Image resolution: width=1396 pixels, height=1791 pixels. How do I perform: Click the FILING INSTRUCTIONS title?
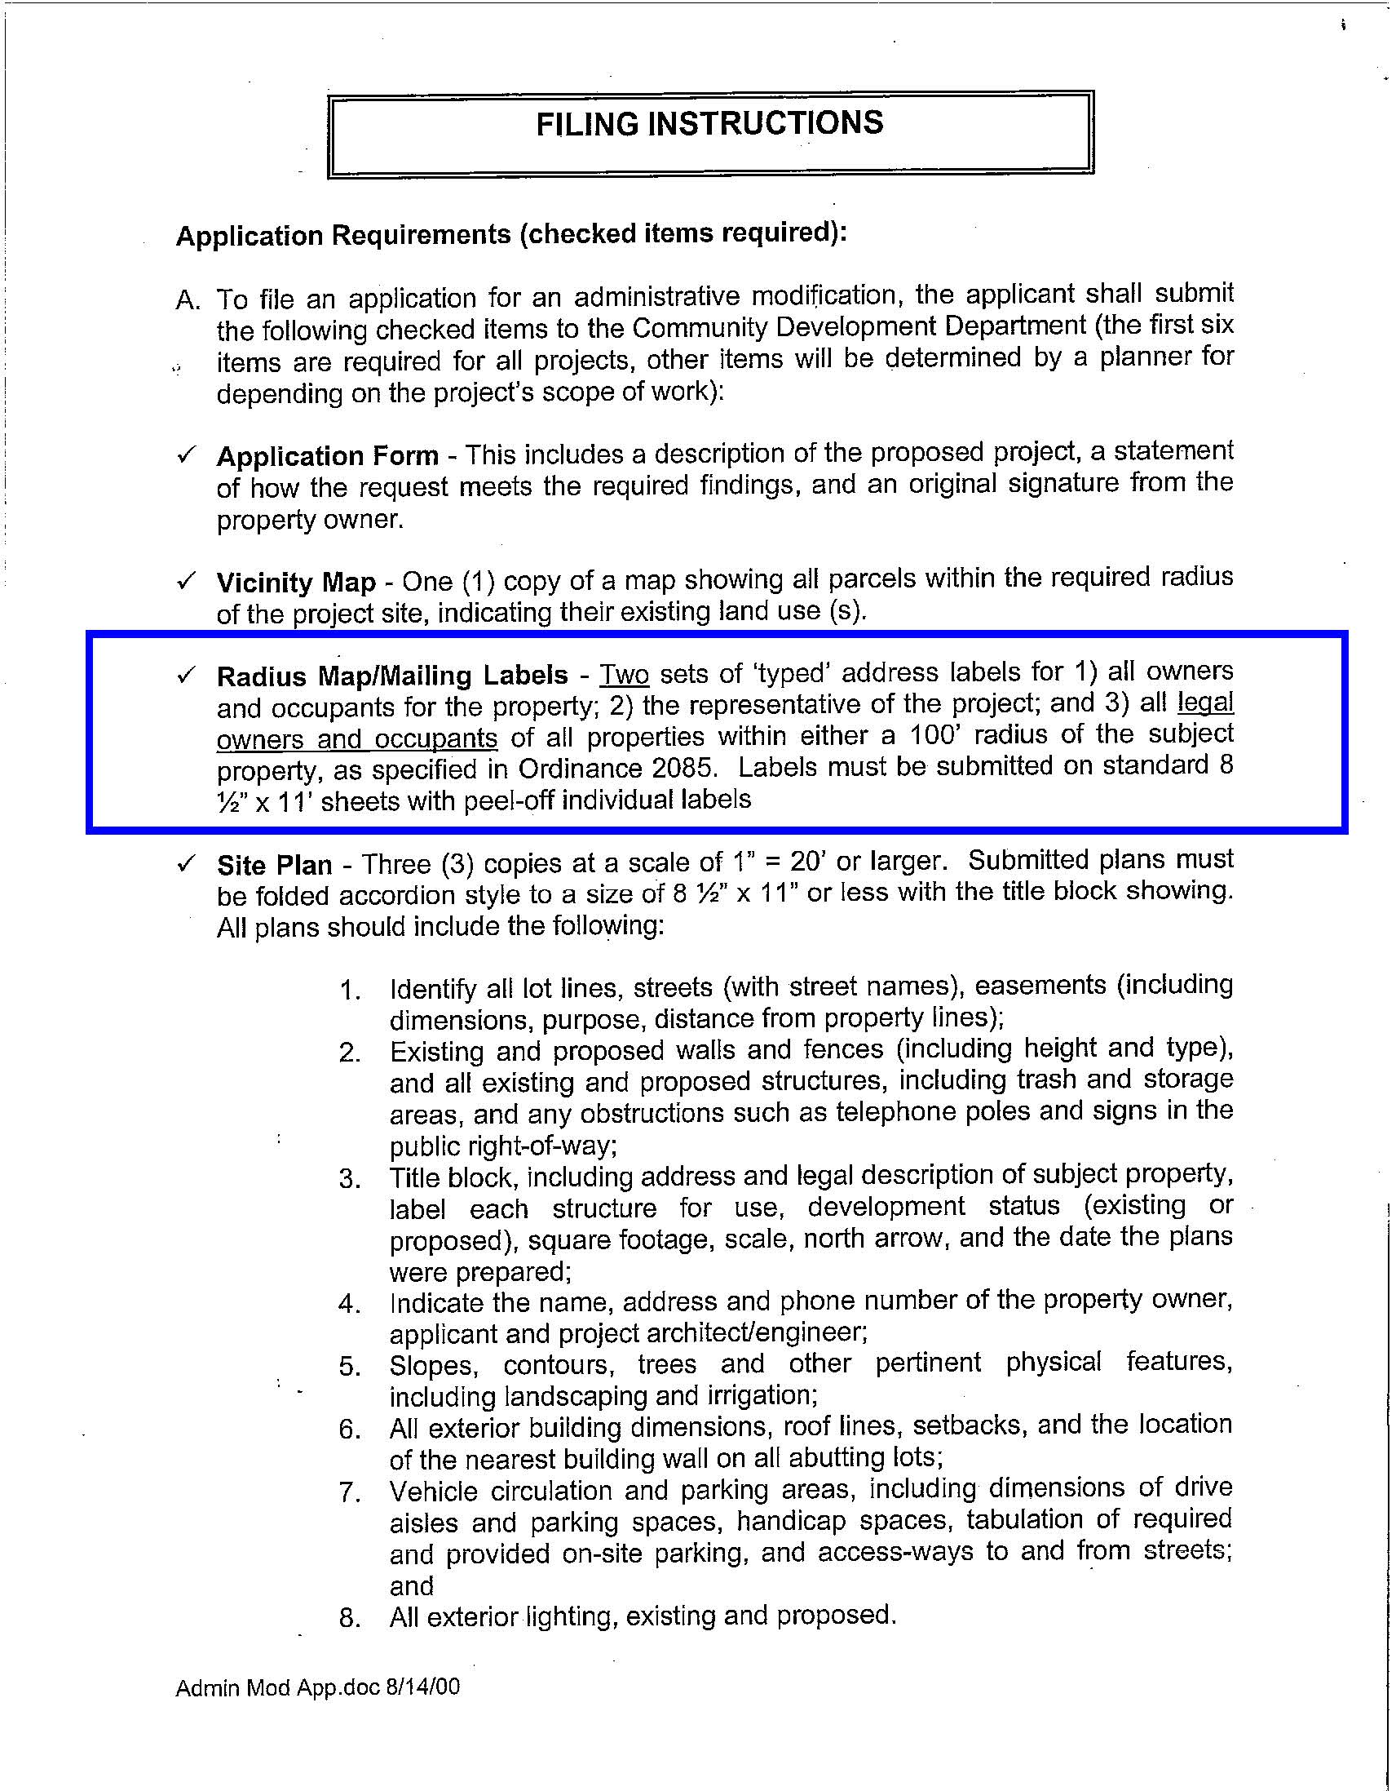(709, 124)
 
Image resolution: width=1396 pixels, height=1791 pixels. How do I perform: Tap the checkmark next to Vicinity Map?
(186, 581)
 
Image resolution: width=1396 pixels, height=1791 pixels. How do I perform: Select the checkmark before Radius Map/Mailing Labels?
(186, 674)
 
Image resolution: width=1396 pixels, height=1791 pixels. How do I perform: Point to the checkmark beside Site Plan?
(186, 862)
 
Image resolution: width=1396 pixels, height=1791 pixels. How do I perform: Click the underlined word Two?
(625, 675)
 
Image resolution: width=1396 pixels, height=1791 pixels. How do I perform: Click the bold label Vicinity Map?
(296, 583)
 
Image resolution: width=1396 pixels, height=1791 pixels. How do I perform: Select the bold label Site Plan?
(275, 865)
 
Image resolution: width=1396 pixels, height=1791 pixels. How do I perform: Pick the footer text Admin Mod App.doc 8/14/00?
(317, 1687)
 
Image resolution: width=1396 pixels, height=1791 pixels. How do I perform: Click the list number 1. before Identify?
(350, 990)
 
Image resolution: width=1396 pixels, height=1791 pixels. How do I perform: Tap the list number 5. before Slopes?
(350, 1366)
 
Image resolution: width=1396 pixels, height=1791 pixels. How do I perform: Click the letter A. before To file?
(188, 300)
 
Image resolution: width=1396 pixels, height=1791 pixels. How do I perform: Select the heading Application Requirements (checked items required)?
(510, 234)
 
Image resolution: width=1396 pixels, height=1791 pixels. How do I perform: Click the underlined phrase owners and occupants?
(356, 738)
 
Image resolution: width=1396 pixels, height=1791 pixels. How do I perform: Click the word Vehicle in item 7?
(436, 1491)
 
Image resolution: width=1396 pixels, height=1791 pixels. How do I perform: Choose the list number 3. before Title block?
(350, 1179)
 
